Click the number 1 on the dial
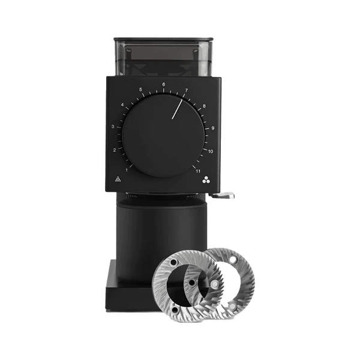coord(127,170)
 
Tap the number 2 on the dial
coord(115,150)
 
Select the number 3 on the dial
coord(113,127)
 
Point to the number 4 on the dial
coord(122,105)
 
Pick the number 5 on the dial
coord(141,89)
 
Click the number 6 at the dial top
coord(164,85)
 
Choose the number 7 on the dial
coord(187,90)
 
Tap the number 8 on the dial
coord(204,106)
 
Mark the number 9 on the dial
coord(213,128)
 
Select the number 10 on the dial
coord(211,152)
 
